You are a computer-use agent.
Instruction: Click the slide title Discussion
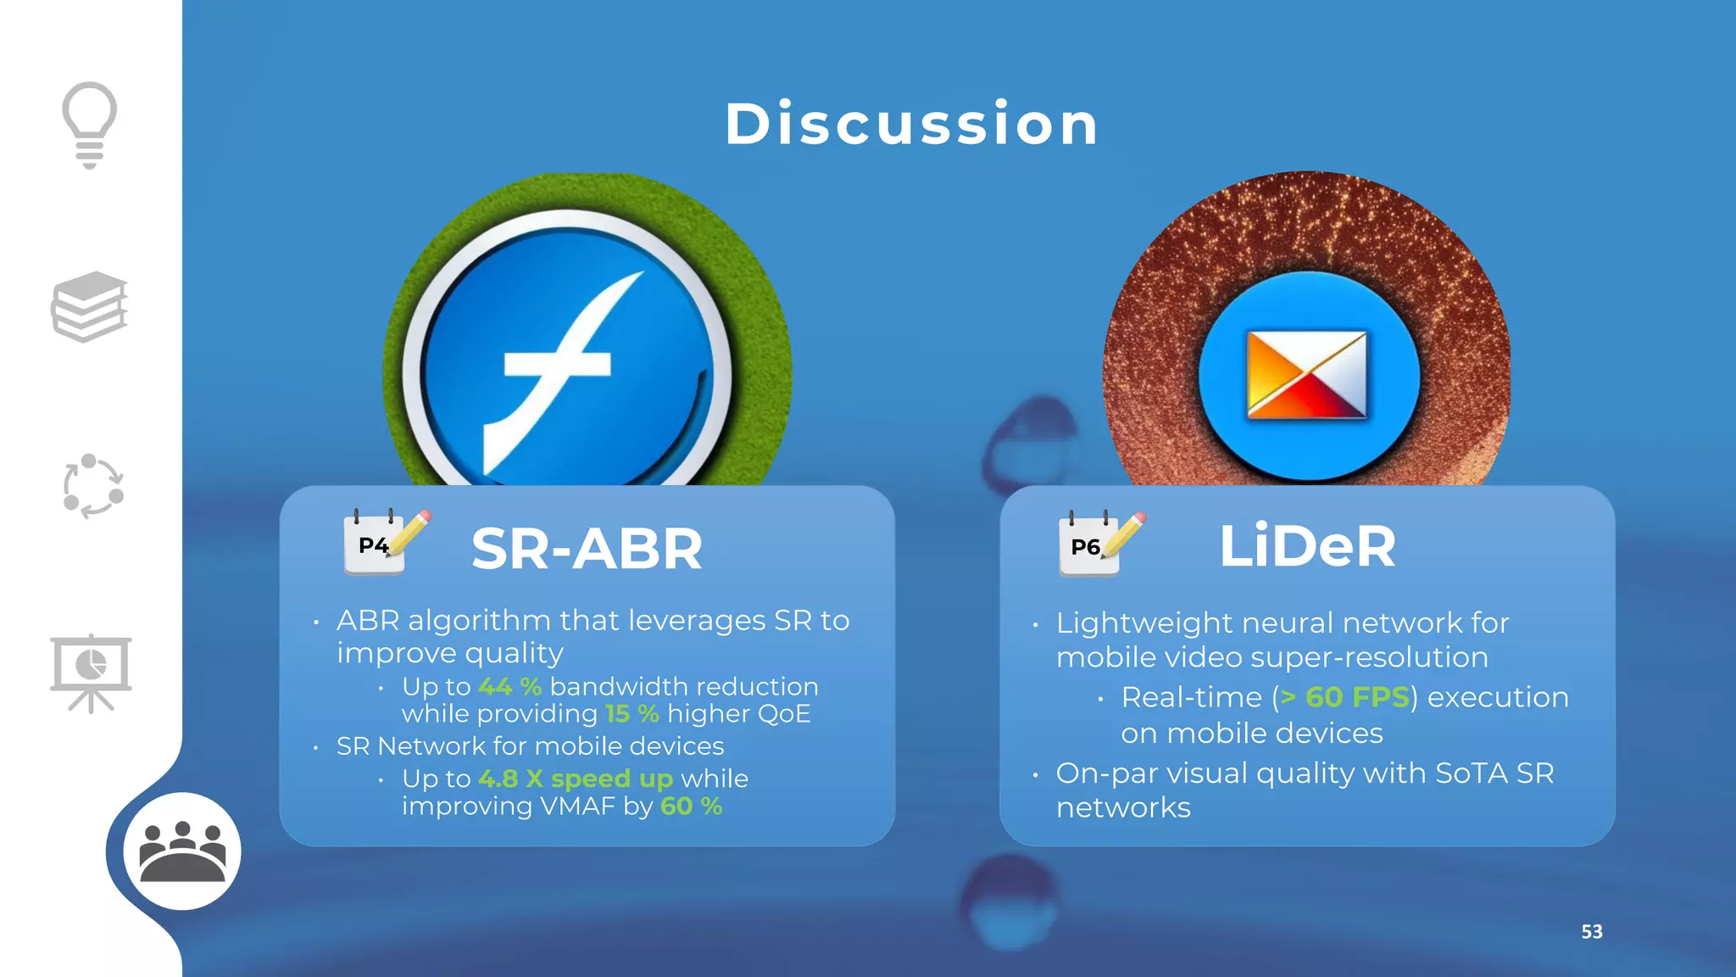point(912,125)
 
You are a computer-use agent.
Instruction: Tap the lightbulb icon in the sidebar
point(89,124)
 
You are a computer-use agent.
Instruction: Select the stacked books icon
point(90,307)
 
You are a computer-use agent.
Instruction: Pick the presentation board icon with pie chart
point(91,673)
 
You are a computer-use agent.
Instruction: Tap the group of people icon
point(182,851)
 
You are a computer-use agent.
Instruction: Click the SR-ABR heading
point(587,549)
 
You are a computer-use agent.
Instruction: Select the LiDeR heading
point(1307,546)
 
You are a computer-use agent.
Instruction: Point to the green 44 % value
point(509,686)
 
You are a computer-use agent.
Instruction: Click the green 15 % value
point(632,714)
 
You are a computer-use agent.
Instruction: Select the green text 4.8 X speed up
point(576,779)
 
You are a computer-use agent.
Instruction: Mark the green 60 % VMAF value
point(691,807)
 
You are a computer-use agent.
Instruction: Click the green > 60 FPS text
point(1344,697)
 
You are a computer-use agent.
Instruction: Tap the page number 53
point(1591,931)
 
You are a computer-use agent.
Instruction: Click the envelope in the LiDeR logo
point(1306,375)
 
